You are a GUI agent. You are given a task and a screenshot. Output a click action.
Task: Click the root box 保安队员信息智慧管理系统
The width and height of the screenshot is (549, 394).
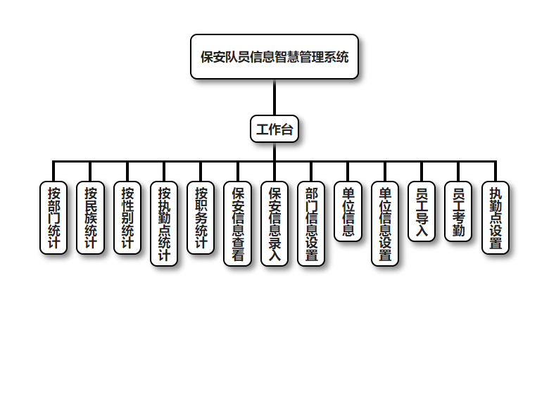pos(274,57)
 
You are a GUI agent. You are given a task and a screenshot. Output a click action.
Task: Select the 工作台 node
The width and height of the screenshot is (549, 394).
pos(274,129)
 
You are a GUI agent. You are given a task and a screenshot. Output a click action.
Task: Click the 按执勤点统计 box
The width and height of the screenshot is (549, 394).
pos(164,224)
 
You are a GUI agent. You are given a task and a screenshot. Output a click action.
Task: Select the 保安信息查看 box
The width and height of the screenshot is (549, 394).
pos(237,224)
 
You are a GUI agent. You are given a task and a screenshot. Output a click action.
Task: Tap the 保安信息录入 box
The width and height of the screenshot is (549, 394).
pos(274,224)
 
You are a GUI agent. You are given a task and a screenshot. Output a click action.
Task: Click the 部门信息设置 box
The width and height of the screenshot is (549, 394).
pos(311,224)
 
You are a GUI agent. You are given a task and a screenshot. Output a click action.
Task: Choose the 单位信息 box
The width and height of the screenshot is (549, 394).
pos(348,211)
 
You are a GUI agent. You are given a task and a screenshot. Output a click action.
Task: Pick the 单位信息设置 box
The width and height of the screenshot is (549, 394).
pos(385,224)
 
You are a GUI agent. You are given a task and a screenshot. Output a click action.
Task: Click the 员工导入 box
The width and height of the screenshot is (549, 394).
pos(422,211)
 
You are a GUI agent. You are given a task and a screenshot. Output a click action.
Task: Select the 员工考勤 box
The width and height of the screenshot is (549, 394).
pos(458,211)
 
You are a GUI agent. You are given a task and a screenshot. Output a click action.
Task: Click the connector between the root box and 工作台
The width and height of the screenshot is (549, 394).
pos(274,97)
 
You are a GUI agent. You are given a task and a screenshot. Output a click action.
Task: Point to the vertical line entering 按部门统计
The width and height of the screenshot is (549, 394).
pos(53,172)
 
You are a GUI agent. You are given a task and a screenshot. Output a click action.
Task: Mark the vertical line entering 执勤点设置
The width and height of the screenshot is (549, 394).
pos(496,172)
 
